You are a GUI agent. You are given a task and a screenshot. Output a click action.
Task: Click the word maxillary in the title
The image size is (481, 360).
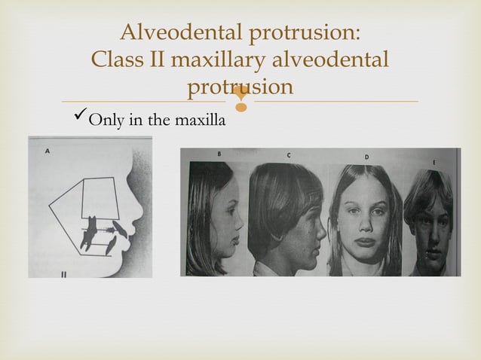[x=222, y=60]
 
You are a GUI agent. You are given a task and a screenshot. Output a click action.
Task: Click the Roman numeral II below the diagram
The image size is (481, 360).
[x=64, y=273]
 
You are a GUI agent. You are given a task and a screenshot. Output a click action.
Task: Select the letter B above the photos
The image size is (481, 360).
[x=219, y=154]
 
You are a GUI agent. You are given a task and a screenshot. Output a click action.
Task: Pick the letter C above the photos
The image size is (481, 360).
[x=289, y=155]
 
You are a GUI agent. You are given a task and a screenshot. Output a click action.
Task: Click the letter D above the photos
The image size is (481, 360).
[x=366, y=157]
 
